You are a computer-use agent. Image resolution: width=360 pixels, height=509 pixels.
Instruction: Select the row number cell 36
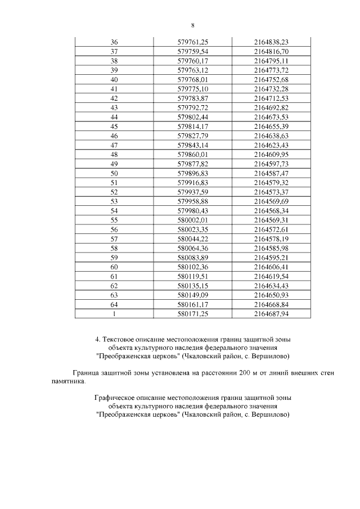114,42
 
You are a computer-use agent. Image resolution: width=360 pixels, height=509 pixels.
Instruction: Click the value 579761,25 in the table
193,42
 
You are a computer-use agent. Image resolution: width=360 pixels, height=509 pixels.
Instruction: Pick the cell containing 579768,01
193,80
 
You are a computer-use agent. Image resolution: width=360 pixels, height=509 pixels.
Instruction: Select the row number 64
114,304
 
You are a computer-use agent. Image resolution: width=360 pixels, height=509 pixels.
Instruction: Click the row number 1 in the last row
114,314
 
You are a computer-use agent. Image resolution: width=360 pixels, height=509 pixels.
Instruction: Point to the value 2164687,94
271,314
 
